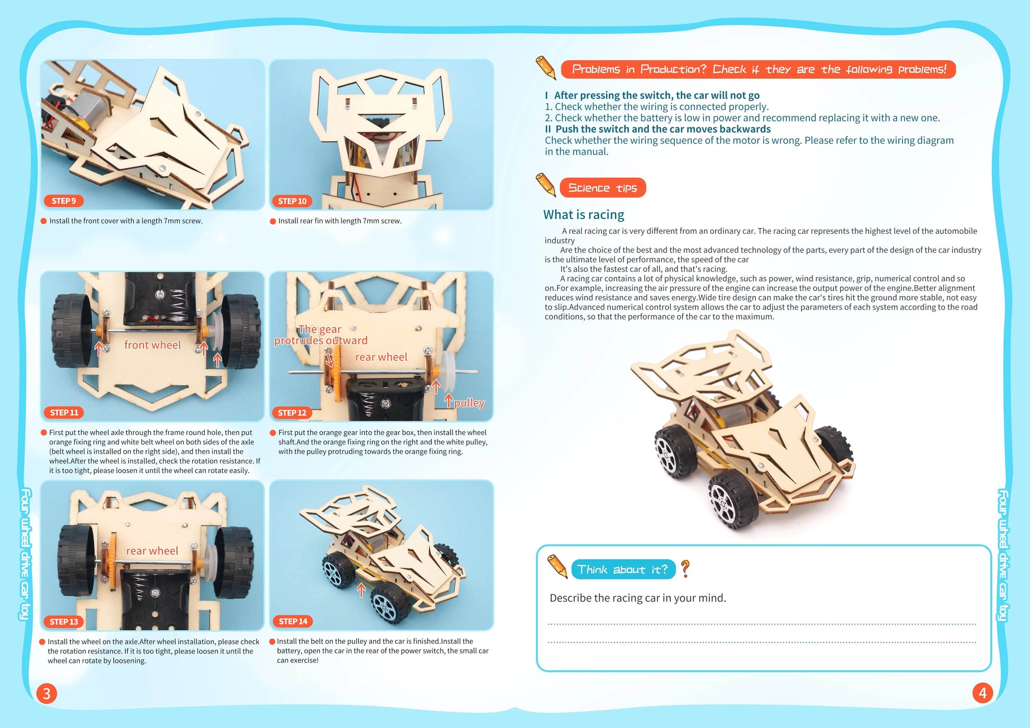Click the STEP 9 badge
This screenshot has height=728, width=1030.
click(64, 201)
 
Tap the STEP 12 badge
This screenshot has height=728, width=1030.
click(292, 413)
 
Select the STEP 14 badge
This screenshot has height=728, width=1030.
click(293, 621)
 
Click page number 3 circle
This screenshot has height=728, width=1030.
click(47, 693)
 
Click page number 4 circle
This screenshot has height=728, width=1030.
click(982, 693)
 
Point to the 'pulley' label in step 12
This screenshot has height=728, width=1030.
click(469, 403)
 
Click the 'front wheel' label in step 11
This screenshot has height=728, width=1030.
click(152, 345)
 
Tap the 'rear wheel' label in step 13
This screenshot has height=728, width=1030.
click(152, 551)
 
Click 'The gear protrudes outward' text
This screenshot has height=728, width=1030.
click(321, 335)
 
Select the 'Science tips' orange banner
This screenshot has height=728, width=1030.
click(602, 188)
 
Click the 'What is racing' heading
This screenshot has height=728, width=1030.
click(583, 214)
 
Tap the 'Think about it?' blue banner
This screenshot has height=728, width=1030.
click(622, 569)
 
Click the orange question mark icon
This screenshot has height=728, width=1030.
click(685, 568)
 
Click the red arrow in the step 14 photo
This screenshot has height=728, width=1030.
click(362, 589)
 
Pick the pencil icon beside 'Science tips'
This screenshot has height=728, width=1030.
click(545, 184)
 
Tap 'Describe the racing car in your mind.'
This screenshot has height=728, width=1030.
click(637, 598)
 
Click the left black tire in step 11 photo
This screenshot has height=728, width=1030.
click(72, 331)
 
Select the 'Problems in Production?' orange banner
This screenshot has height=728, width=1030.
click(758, 69)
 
